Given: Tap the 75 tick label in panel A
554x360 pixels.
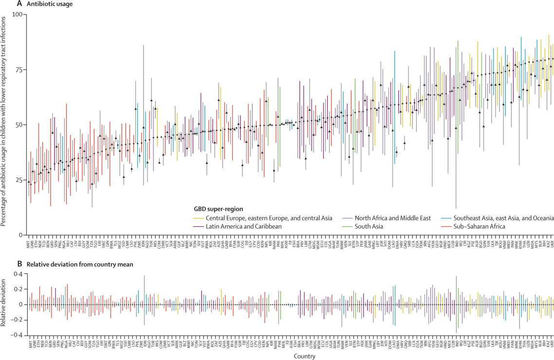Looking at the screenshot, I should pyautogui.click(x=18, y=70).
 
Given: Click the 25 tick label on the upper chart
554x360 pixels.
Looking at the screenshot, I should pyautogui.click(x=18, y=180).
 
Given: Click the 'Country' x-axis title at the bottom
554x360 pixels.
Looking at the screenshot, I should pyautogui.click(x=291, y=356).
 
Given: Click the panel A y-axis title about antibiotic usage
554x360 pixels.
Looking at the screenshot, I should pyautogui.click(x=5, y=120).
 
